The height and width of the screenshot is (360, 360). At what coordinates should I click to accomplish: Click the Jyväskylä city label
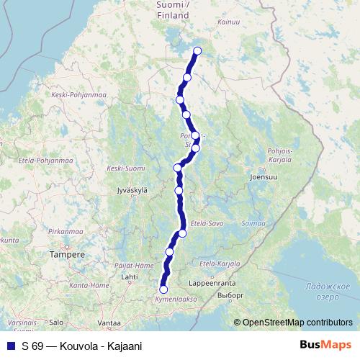coord(132,190)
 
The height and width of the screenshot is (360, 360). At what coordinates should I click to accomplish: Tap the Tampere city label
coord(66,255)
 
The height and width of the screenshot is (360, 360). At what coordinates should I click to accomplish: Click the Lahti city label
coord(130,276)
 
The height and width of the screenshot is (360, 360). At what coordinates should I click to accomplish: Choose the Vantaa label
coord(109,323)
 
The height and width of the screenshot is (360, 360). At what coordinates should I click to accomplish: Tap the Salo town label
coord(57,323)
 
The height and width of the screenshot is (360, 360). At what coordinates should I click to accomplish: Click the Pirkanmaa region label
coord(65,232)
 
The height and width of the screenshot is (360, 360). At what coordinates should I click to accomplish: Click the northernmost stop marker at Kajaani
coord(197,51)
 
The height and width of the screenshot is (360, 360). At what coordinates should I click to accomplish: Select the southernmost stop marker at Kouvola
coord(163,289)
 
